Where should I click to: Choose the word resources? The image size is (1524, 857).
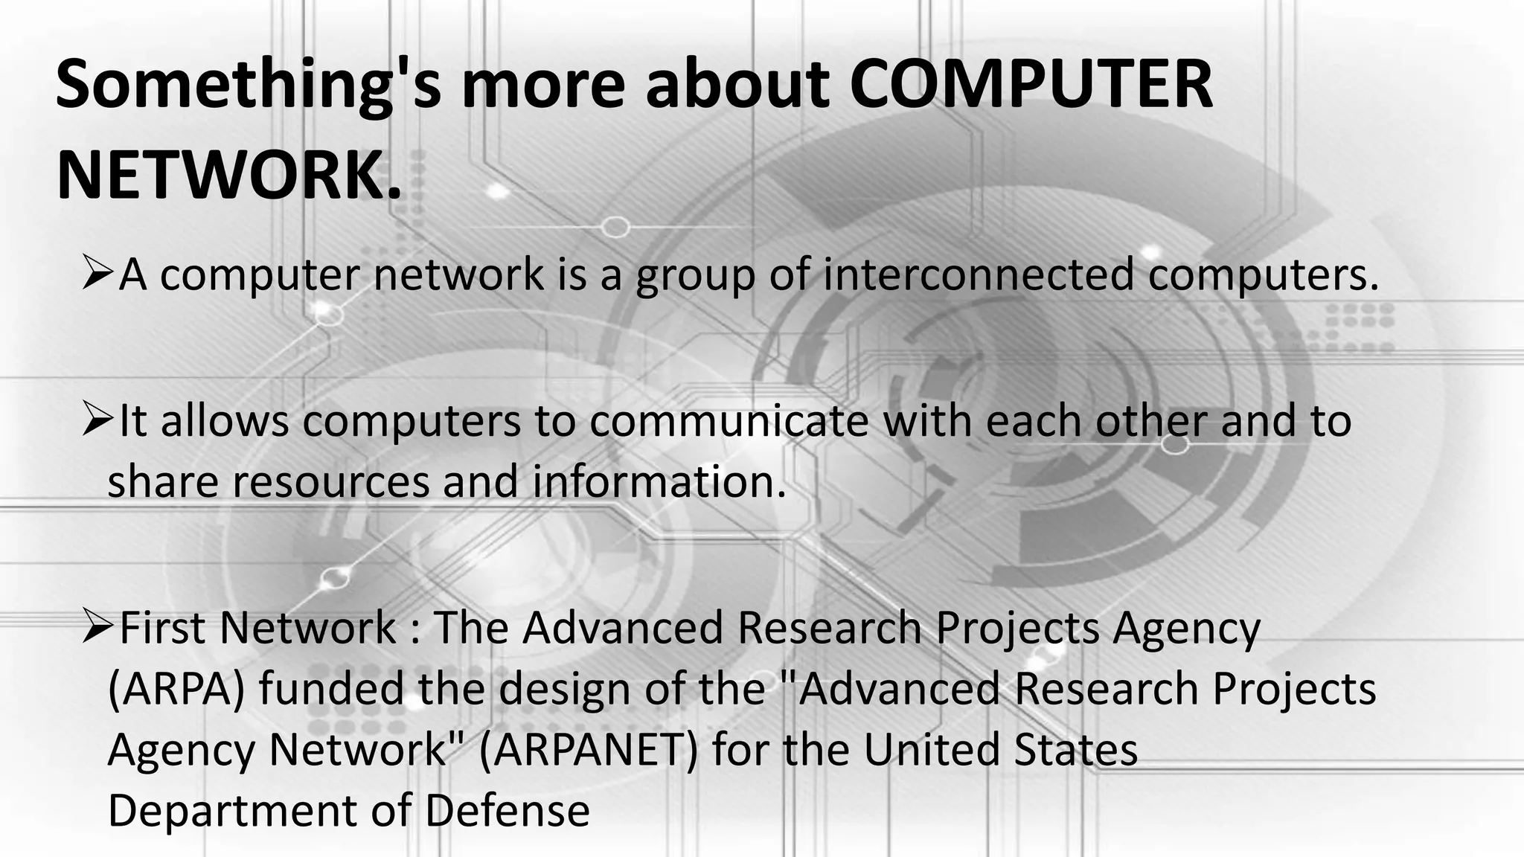[x=330, y=482]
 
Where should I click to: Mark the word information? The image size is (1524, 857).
[x=659, y=482]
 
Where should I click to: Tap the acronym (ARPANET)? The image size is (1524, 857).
[x=589, y=750]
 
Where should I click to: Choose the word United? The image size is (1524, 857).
[x=931, y=750]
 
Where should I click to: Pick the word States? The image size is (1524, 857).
[x=1076, y=750]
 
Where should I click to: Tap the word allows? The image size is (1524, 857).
[x=224, y=421]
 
